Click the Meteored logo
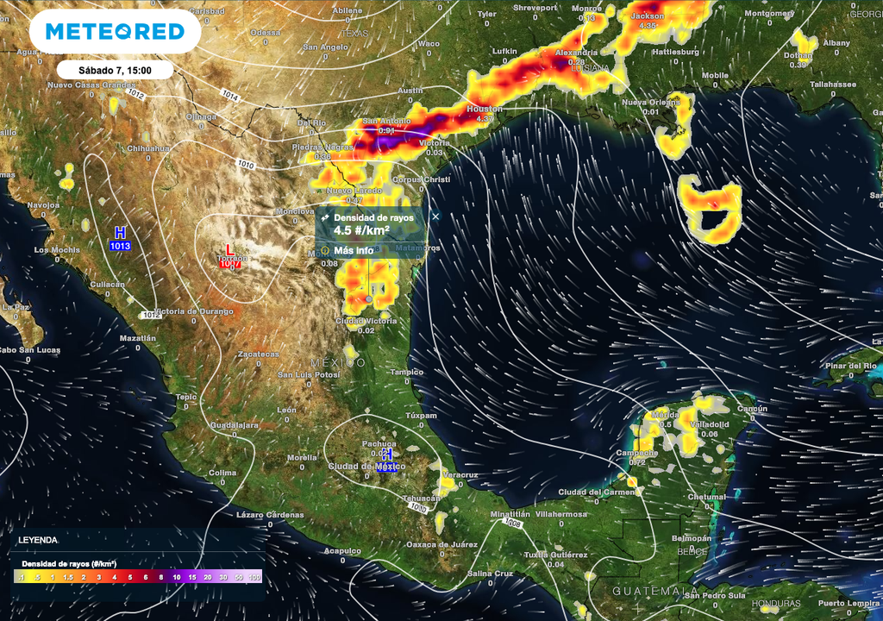(x=115, y=32)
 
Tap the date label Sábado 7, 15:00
(x=115, y=70)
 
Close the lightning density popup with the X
(x=435, y=216)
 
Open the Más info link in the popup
(x=354, y=250)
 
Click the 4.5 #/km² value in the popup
(x=361, y=231)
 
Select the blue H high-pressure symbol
(x=120, y=233)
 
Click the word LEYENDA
(x=38, y=540)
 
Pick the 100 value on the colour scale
(x=255, y=577)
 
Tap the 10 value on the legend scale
(x=177, y=577)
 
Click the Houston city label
(x=484, y=110)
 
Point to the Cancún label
(x=752, y=409)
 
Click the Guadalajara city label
(x=234, y=425)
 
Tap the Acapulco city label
(x=342, y=549)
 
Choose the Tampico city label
(x=407, y=373)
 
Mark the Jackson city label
(x=648, y=16)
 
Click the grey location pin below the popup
(x=369, y=298)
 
